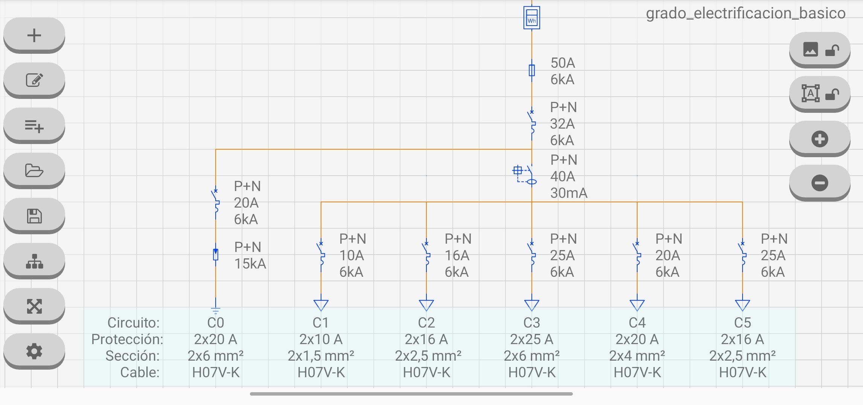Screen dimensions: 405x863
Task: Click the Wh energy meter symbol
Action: pyautogui.click(x=531, y=18)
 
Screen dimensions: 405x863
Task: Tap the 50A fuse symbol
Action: pyautogui.click(x=531, y=70)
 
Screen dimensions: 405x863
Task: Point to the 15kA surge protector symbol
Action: pyautogui.click(x=216, y=255)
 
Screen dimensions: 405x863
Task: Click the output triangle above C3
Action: pyautogui.click(x=531, y=305)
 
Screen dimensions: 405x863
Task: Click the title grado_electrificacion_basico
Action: pyautogui.click(x=746, y=13)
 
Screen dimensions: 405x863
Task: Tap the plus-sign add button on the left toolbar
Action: pyautogui.click(x=34, y=35)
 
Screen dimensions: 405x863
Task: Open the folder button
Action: pyautogui.click(x=34, y=170)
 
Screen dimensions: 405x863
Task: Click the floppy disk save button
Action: pyautogui.click(x=34, y=216)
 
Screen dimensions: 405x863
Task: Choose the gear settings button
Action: pyautogui.click(x=34, y=351)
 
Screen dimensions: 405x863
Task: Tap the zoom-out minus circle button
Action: pyautogui.click(x=819, y=183)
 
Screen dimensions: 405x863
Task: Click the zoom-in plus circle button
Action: pyautogui.click(x=819, y=139)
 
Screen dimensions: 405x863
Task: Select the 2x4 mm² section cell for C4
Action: pyautogui.click(x=637, y=356)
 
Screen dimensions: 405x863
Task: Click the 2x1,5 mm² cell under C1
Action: pyautogui.click(x=321, y=356)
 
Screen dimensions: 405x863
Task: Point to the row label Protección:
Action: pyautogui.click(x=127, y=339)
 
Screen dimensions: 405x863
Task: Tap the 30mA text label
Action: pyautogui.click(x=569, y=193)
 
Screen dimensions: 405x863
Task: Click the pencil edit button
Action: pyautogui.click(x=34, y=80)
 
